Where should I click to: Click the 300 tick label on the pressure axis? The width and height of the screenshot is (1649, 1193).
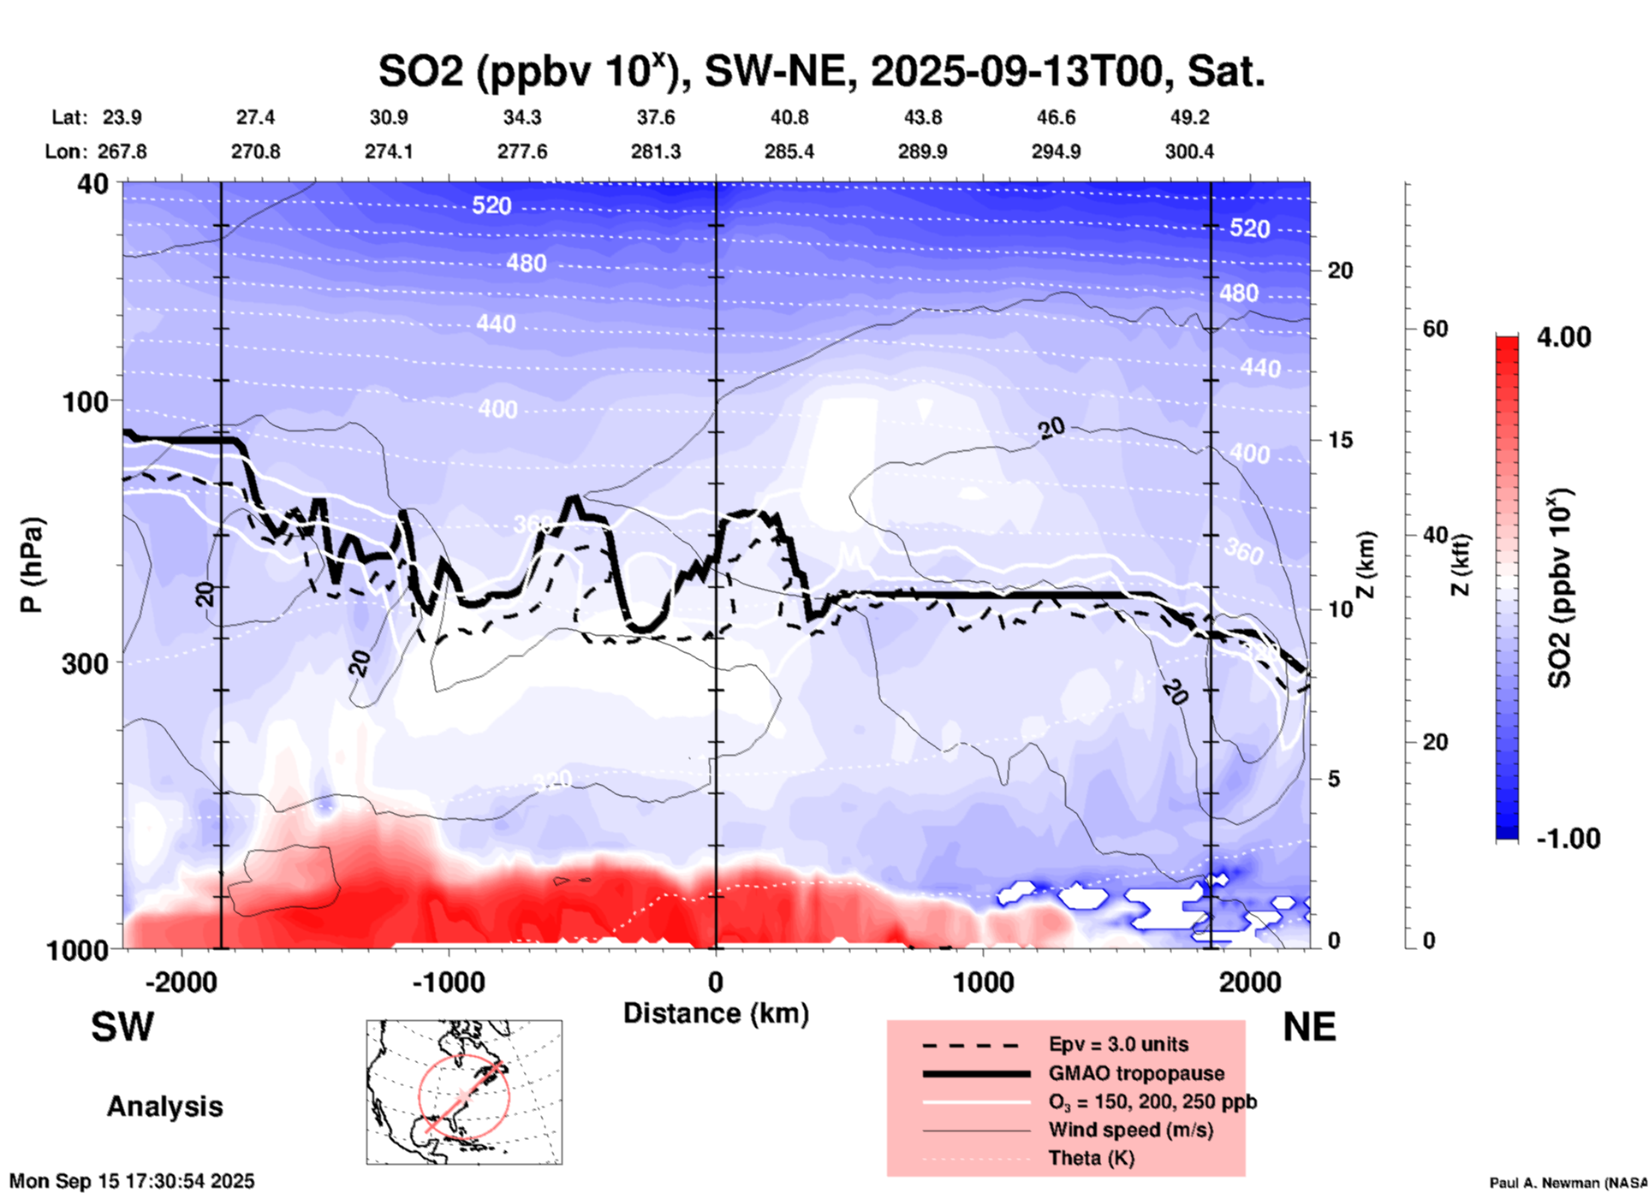85,663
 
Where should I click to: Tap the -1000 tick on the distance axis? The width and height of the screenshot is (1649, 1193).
448,982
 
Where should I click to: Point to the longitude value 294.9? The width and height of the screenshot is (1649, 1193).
1056,151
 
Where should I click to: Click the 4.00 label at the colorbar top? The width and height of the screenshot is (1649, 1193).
1563,337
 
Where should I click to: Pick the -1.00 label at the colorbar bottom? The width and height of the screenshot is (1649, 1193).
1568,839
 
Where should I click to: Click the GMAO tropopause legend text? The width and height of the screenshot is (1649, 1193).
1136,1073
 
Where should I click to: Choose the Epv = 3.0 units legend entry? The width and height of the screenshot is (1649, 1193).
1118,1044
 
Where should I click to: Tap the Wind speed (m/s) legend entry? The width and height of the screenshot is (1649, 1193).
1130,1130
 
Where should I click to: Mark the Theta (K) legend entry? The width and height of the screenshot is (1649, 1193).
1091,1158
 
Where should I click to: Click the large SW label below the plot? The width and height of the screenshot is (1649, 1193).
122,1027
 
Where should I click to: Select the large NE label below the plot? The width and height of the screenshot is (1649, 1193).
1309,1027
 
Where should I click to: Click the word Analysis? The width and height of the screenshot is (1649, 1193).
164,1107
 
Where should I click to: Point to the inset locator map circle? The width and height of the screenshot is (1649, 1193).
464,1095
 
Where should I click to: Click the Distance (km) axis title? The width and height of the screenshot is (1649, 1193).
716,1013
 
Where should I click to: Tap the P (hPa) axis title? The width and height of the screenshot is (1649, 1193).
32,565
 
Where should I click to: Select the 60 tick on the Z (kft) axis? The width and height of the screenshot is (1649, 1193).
1435,329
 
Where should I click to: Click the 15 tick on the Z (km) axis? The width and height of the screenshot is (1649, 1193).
1340,440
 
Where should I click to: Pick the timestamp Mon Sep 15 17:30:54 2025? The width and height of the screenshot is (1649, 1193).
132,1181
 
